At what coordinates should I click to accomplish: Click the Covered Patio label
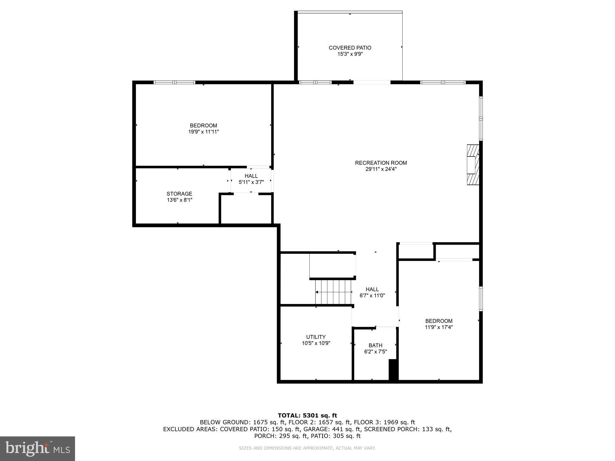350,48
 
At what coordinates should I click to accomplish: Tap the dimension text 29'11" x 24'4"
381,169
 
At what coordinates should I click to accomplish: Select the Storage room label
179,194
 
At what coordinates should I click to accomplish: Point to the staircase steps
333,292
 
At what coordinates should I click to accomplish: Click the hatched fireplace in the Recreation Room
473,165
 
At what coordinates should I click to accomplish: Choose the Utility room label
316,337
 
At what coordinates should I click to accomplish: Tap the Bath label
375,345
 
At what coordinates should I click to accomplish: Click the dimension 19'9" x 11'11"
204,132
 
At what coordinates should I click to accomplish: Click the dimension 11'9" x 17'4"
439,327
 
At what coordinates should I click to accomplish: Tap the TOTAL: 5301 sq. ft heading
307,416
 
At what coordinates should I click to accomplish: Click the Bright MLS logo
38,448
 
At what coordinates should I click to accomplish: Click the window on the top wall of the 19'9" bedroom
174,82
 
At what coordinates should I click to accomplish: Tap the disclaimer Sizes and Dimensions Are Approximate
307,448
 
